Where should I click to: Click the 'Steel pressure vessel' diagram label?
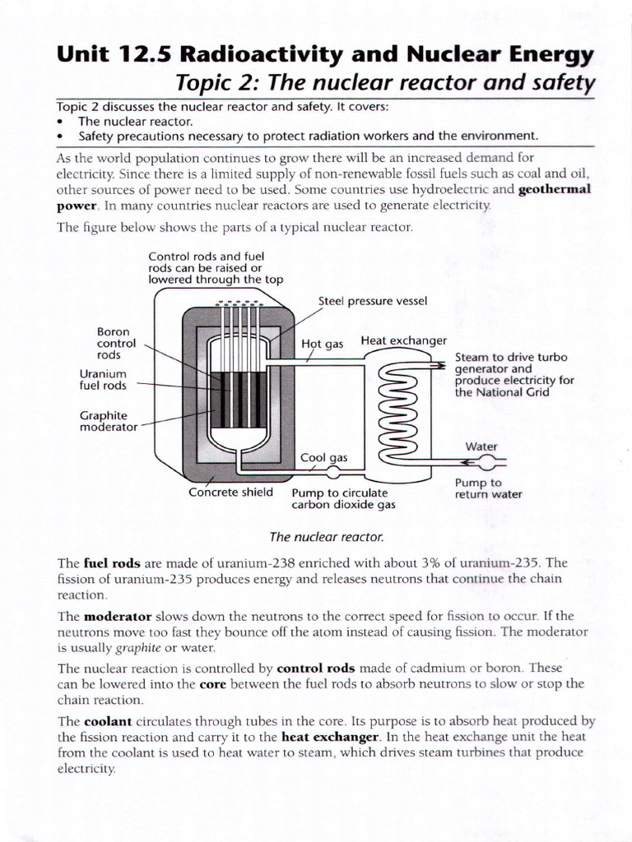373,301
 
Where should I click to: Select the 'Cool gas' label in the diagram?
323,457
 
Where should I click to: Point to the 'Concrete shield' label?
230,493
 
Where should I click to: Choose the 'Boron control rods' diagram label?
115,343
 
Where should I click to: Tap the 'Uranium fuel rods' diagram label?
102,378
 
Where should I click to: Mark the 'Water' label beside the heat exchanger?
481,446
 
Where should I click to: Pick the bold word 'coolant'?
105,721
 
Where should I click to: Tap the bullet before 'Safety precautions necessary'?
62,135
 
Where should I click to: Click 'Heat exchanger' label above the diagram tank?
403,340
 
